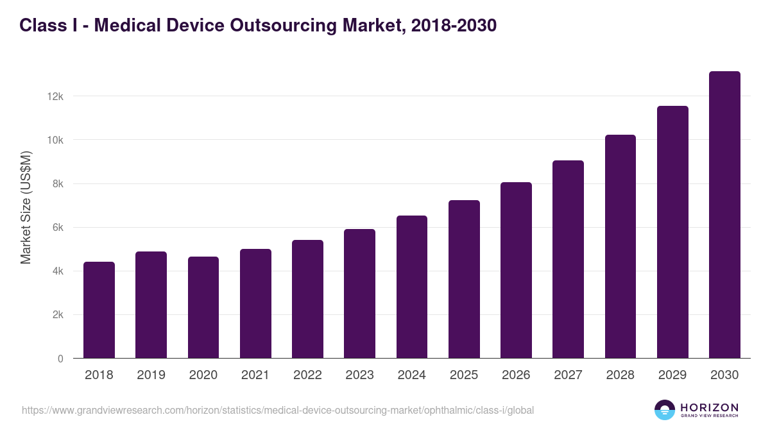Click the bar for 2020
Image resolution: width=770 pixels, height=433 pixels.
click(x=203, y=307)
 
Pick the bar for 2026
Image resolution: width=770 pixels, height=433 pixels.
click(x=516, y=270)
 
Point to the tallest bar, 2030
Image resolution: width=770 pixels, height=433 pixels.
click(x=724, y=215)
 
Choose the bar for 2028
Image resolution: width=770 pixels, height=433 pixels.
click(x=620, y=246)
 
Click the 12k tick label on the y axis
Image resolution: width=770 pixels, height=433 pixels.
click(x=55, y=96)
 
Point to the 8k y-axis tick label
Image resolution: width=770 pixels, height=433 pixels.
click(x=57, y=184)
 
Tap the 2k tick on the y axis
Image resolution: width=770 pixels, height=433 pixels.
click(x=57, y=315)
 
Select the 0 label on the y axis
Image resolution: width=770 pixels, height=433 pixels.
click(x=60, y=359)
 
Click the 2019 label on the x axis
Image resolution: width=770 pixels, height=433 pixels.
click(x=151, y=375)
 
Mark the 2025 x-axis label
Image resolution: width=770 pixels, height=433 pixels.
click(x=464, y=375)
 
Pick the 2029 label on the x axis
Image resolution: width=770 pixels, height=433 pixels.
click(x=672, y=375)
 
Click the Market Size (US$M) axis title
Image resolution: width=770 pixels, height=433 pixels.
click(x=26, y=208)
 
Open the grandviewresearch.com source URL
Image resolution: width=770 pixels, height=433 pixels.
click(x=278, y=410)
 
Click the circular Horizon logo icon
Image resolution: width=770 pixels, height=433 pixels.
click(x=665, y=410)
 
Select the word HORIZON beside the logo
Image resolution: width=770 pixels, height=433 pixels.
click(x=709, y=407)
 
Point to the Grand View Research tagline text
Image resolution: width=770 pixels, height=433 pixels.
click(x=709, y=416)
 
